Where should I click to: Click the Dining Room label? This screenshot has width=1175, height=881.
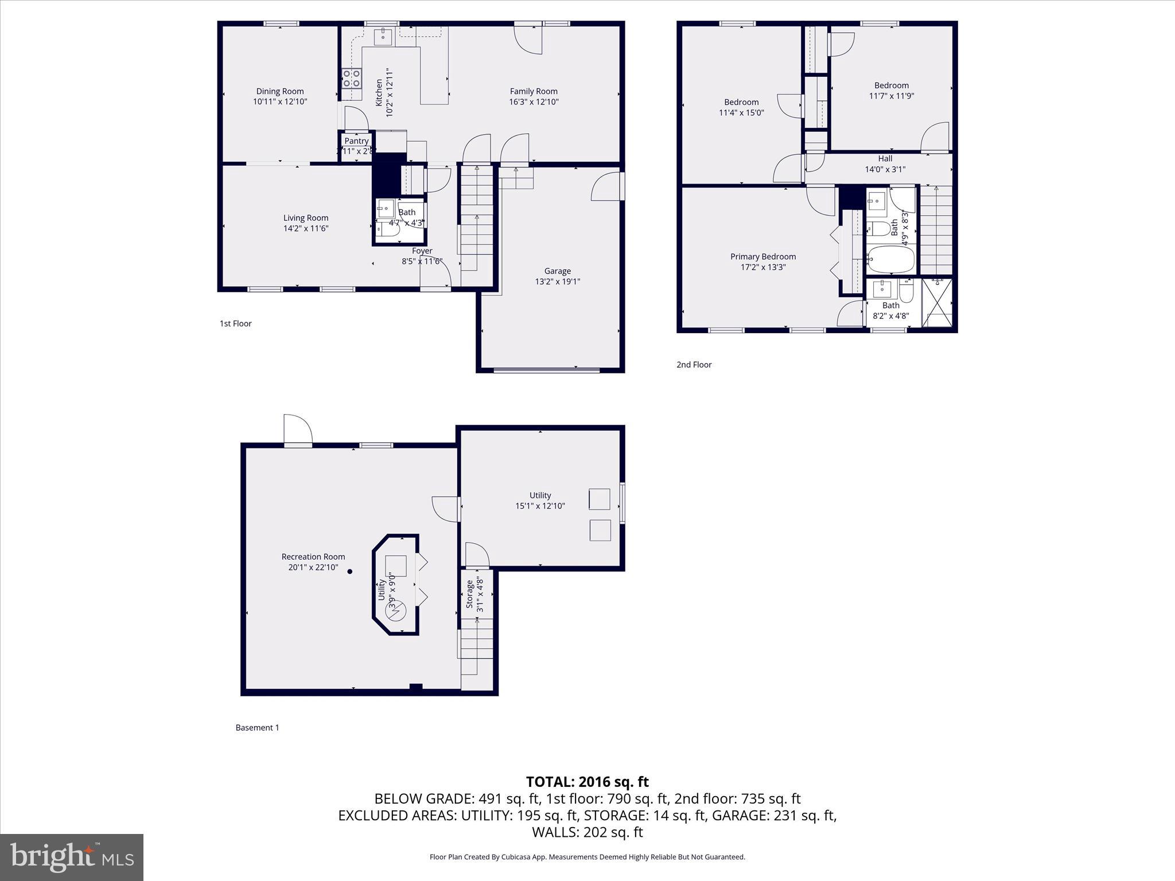(x=280, y=91)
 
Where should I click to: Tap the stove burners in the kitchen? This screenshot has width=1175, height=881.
(x=351, y=78)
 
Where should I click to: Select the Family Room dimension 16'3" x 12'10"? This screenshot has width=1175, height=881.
(x=534, y=102)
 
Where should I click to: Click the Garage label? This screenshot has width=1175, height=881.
(x=557, y=271)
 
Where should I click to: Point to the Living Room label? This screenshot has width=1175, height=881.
(x=306, y=218)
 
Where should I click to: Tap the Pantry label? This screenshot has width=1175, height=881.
(x=356, y=141)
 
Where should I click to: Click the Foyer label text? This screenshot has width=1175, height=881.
(x=422, y=251)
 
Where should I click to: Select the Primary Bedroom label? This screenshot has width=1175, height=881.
(x=762, y=256)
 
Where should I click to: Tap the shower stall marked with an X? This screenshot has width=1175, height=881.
(x=936, y=302)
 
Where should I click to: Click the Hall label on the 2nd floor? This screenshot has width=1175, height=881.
(x=885, y=158)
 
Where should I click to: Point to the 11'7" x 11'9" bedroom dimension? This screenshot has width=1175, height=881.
(x=891, y=96)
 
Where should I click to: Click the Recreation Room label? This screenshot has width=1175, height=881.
(x=313, y=556)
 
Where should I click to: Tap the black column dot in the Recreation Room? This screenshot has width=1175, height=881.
(x=349, y=571)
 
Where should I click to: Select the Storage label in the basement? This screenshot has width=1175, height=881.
(x=469, y=594)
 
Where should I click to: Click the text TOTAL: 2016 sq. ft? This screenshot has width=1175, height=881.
(x=587, y=782)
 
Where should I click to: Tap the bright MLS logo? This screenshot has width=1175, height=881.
(x=72, y=857)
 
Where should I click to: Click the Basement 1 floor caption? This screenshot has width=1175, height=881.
(x=257, y=727)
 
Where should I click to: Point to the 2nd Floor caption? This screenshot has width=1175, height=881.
(x=694, y=364)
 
